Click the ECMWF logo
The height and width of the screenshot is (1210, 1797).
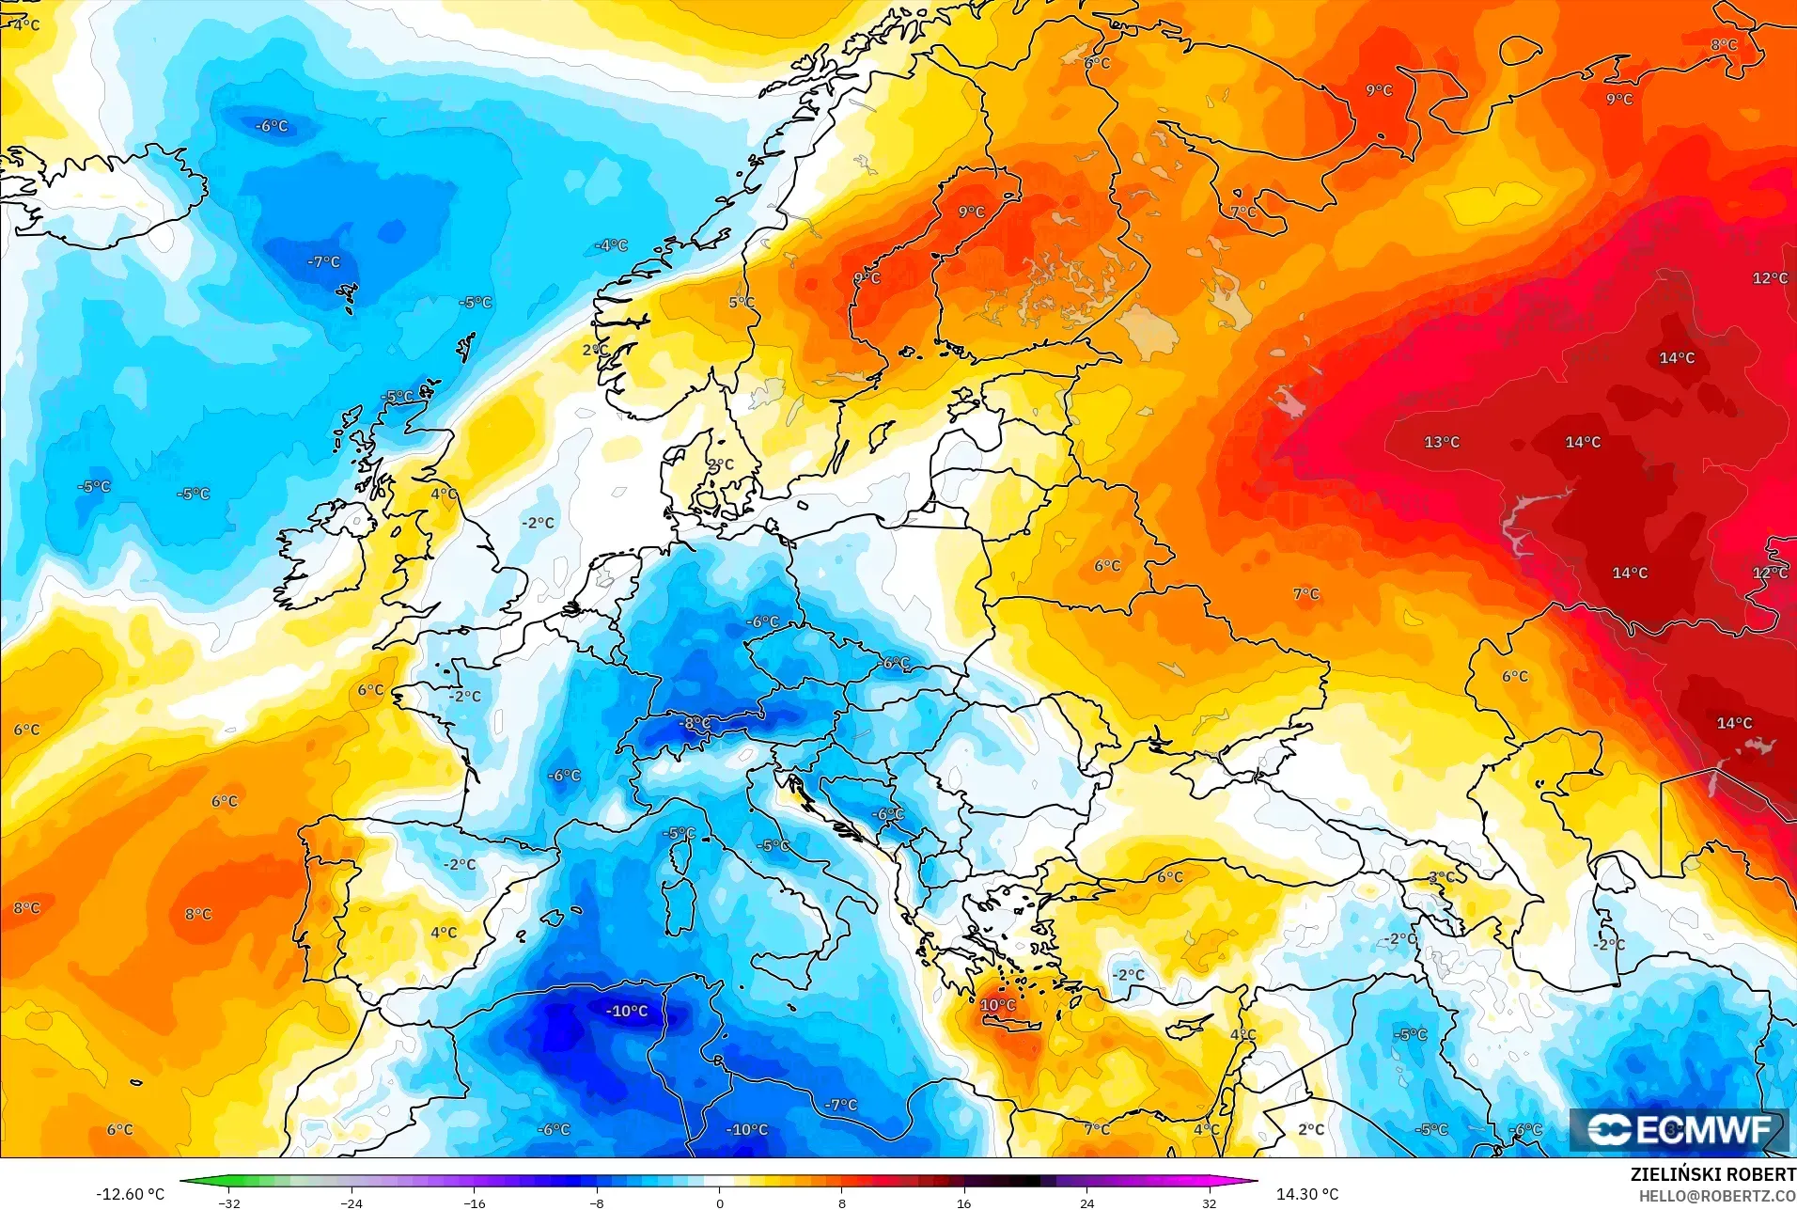(1679, 1130)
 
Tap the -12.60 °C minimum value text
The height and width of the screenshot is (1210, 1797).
(130, 1194)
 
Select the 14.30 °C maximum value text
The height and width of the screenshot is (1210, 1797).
(1306, 1194)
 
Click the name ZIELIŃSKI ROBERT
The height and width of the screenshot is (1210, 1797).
(1712, 1174)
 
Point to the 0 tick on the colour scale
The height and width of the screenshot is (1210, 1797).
(720, 1202)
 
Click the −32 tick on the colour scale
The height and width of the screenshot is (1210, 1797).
(229, 1202)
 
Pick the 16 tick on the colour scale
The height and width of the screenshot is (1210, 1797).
(963, 1202)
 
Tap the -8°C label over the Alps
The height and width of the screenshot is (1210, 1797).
(695, 723)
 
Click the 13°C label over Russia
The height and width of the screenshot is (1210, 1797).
(1441, 442)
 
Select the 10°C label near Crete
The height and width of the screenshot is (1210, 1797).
(997, 1005)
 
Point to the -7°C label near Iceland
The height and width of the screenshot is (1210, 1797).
(323, 261)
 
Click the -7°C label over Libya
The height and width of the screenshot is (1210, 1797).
(840, 1105)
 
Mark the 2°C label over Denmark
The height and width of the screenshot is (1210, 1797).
(720, 464)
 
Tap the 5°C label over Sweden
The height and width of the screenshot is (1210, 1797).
(742, 302)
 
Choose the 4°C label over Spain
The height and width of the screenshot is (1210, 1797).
(444, 933)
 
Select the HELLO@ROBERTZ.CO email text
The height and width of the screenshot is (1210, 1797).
(1717, 1197)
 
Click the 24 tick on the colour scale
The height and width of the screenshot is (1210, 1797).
(1086, 1202)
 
